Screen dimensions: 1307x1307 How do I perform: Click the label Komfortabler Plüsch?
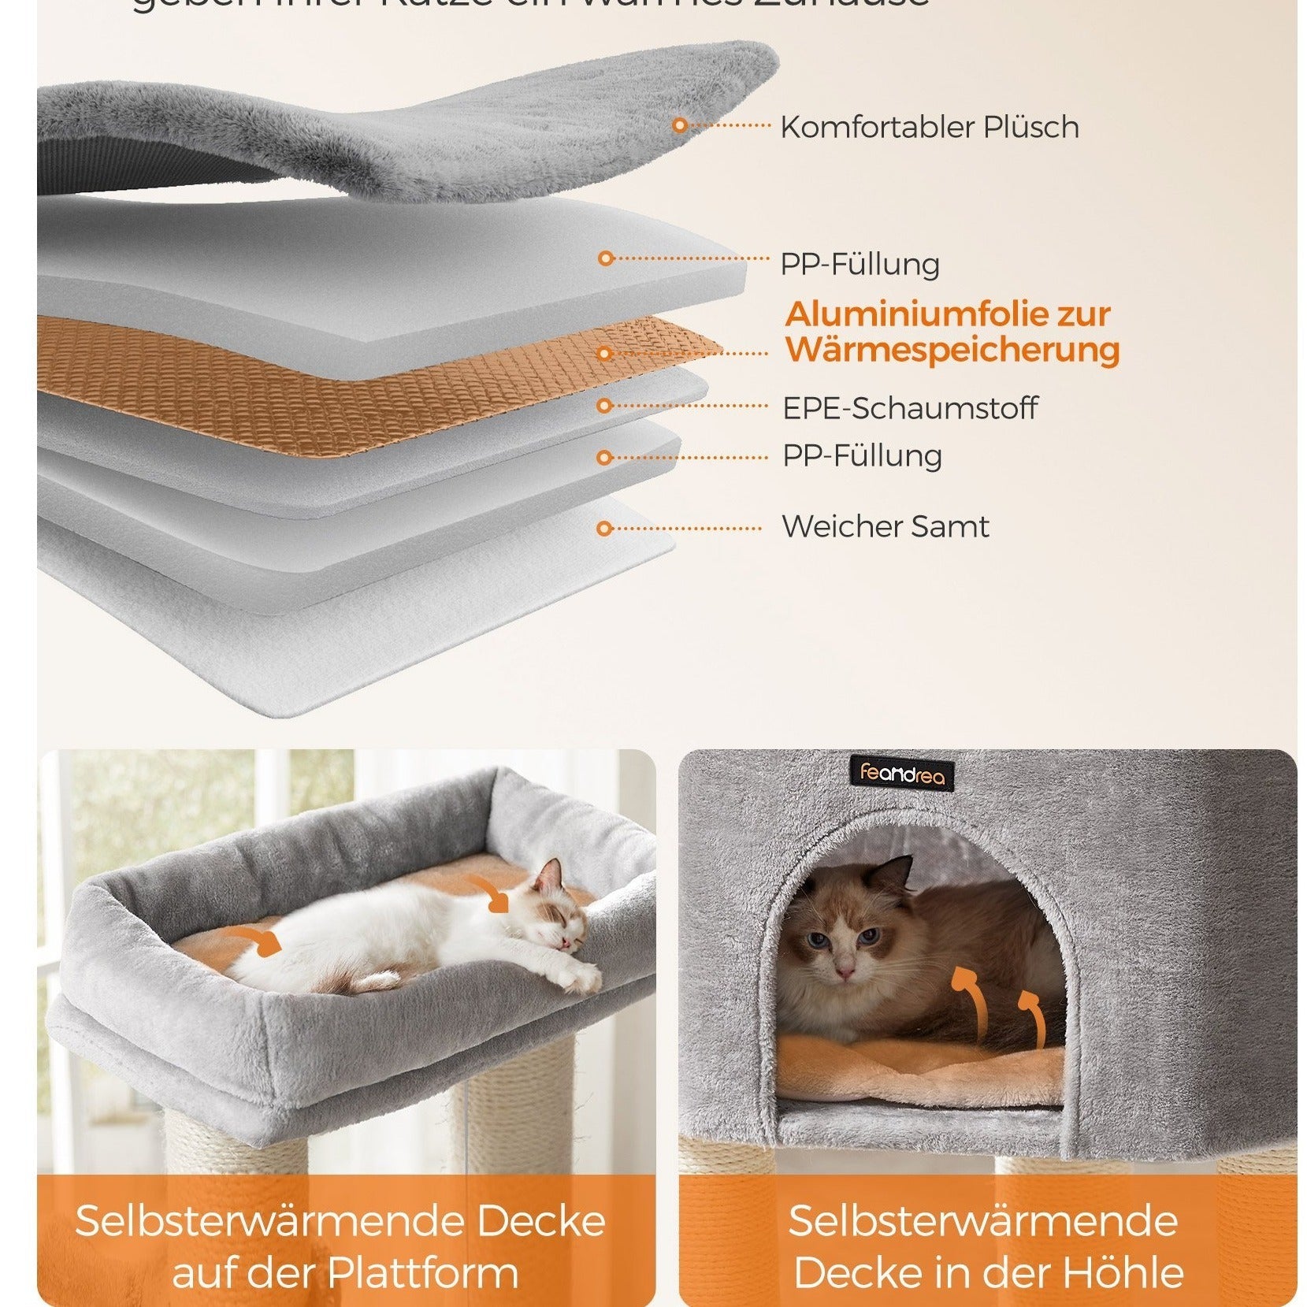929,127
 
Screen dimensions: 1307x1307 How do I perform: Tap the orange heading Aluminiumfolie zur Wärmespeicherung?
951,332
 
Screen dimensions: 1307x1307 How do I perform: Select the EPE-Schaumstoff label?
909,408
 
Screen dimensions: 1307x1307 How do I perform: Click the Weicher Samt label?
885,526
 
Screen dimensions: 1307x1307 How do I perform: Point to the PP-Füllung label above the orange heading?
860,265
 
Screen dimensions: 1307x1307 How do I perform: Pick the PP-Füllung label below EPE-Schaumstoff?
862,456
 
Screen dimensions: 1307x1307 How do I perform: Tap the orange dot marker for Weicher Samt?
604,528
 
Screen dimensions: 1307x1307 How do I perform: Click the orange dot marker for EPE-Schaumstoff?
604,406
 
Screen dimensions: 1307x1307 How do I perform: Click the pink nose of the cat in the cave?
845,974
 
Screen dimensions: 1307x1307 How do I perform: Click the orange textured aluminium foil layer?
315,378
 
